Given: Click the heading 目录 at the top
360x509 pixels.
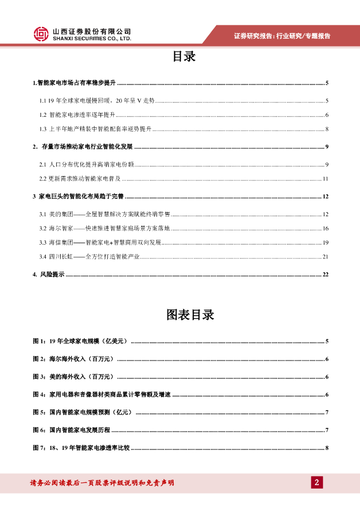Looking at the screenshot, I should (x=184, y=57).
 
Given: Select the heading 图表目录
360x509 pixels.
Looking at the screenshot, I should (x=190, y=315).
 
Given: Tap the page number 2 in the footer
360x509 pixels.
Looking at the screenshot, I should (x=317, y=483).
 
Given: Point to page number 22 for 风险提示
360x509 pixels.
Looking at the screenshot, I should (x=326, y=274).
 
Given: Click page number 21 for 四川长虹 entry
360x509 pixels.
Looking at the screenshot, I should (x=326, y=257).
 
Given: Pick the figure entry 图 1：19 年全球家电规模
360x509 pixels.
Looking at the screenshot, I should (x=80, y=341).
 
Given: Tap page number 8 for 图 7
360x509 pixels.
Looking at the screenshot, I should (x=327, y=448).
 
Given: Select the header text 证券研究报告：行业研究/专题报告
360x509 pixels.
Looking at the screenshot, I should (x=282, y=36).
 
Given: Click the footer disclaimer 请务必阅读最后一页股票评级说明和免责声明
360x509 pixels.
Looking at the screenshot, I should (x=102, y=483).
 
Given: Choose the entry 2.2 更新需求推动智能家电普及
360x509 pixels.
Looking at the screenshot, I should (x=80, y=178).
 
